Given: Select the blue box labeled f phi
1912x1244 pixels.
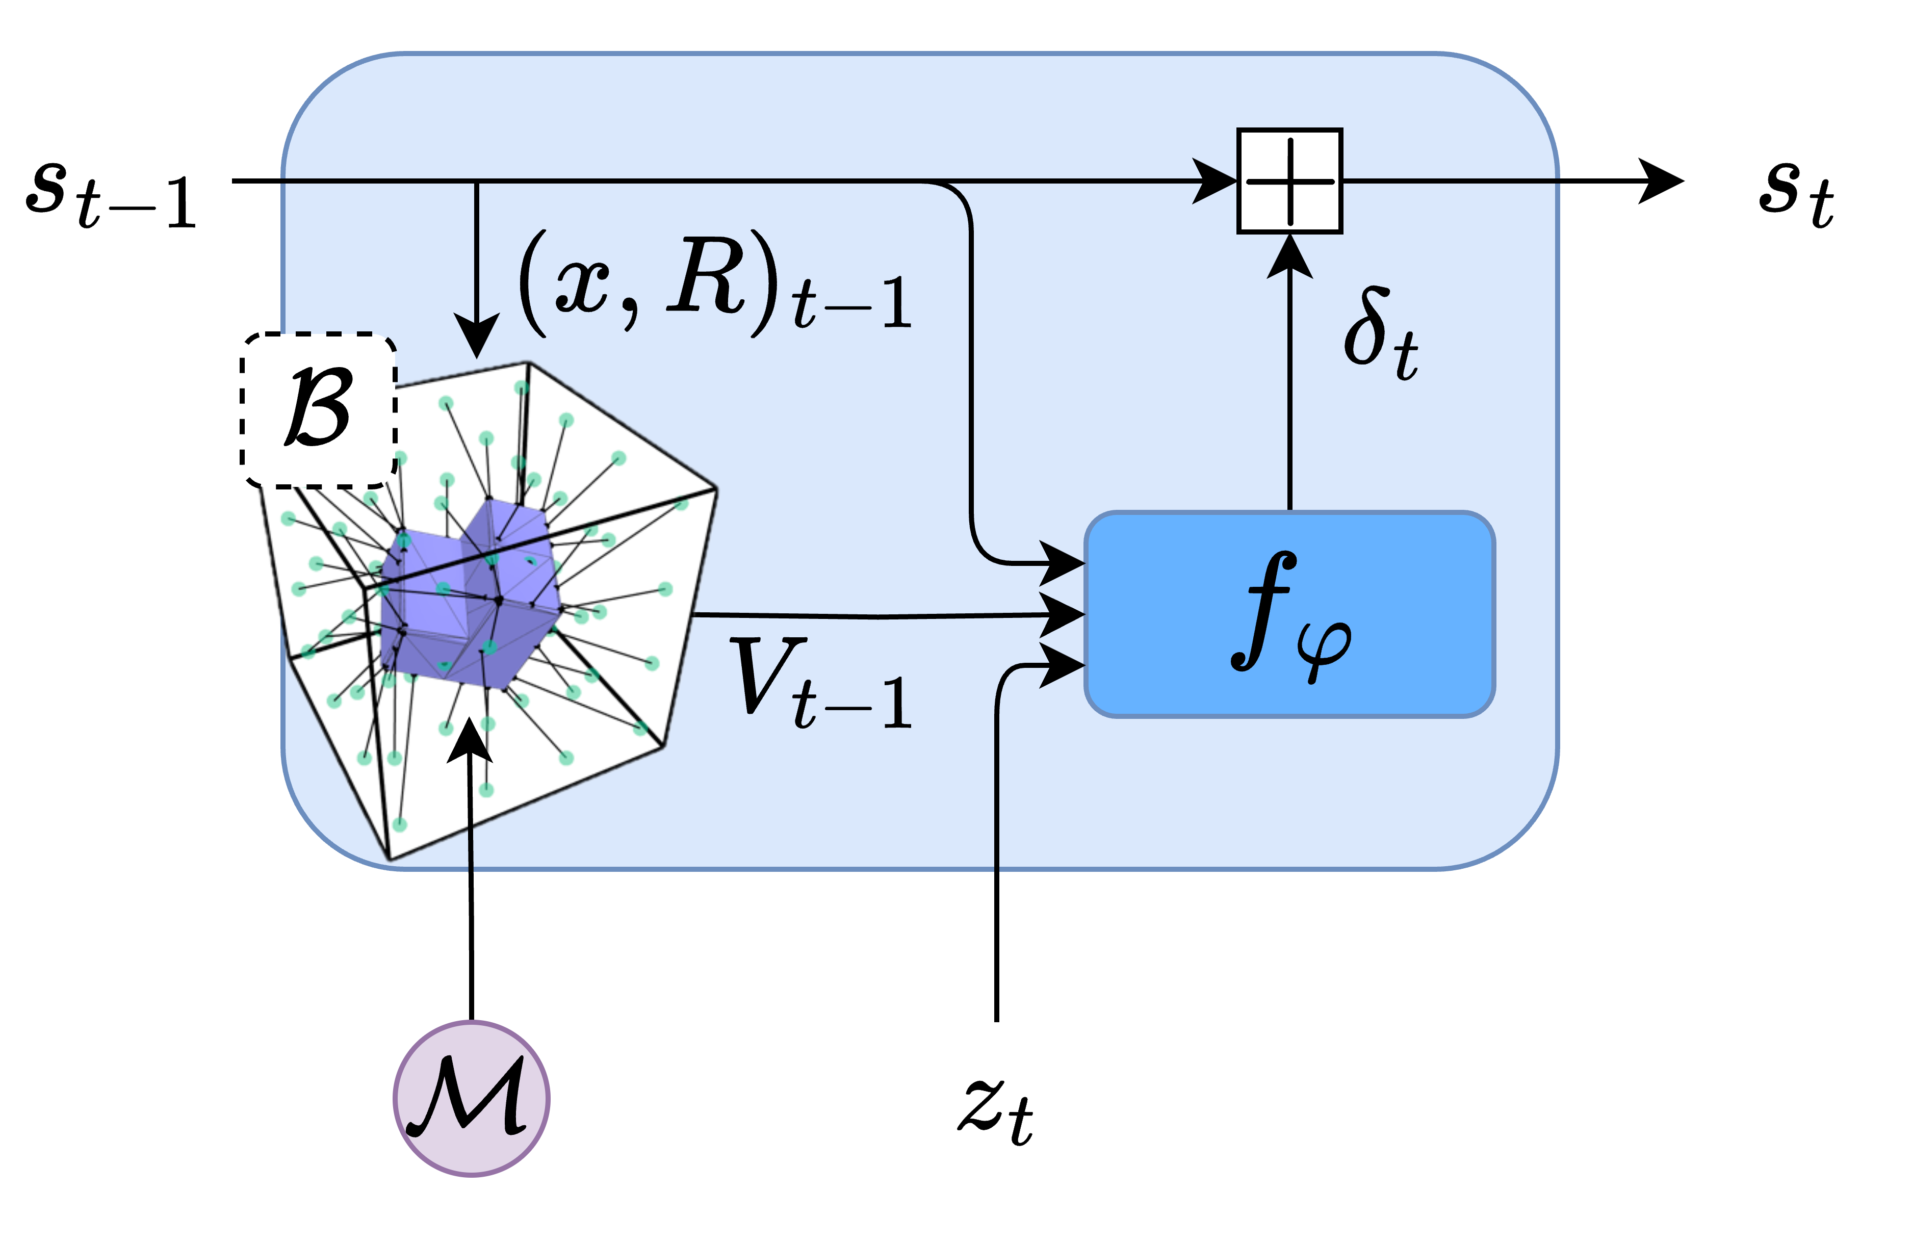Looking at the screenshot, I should [1289, 614].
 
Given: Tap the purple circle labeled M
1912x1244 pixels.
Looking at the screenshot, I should [472, 1099].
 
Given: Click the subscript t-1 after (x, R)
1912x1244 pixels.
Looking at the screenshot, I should [851, 305].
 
